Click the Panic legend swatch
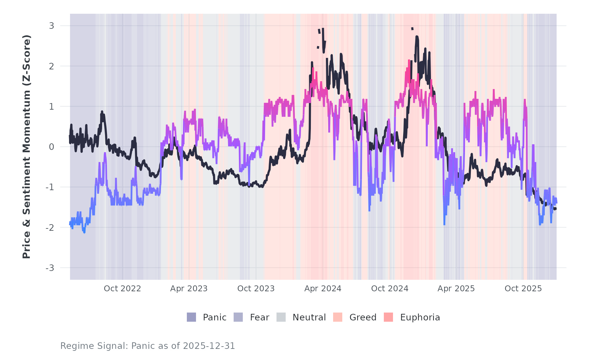[x=191, y=317]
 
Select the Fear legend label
[x=259, y=317]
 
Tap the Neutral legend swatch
[x=281, y=317]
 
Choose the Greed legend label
[x=363, y=317]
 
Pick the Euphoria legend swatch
[x=388, y=317]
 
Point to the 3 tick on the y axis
[x=52, y=26]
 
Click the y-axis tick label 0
[x=52, y=147]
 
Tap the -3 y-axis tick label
[x=50, y=268]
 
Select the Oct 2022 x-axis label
[x=122, y=289]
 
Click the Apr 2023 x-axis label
[x=189, y=289]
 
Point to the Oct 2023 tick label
[x=256, y=289]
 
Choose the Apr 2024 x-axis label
[x=323, y=289]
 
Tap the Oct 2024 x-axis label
[x=390, y=289]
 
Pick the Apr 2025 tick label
[x=456, y=289]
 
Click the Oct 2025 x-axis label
[x=523, y=289]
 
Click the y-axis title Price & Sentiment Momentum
[x=27, y=147]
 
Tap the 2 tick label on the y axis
[x=52, y=66]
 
